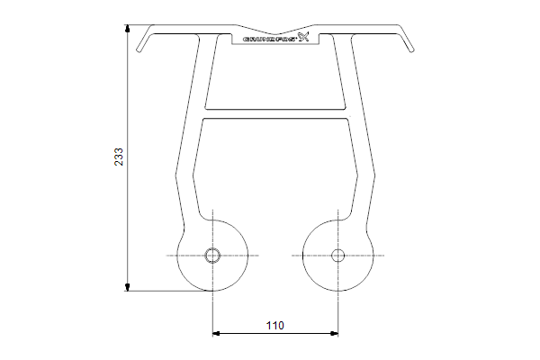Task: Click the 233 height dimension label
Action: click(x=119, y=157)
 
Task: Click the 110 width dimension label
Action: click(x=275, y=325)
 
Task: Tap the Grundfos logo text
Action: click(x=270, y=39)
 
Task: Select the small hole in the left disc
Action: click(x=212, y=256)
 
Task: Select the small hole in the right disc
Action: click(x=337, y=256)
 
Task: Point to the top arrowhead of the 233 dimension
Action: click(x=128, y=29)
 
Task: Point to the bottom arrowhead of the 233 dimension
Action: click(x=128, y=287)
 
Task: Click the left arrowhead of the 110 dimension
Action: click(x=217, y=333)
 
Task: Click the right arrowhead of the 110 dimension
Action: click(x=334, y=333)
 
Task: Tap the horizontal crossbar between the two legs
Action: click(x=275, y=114)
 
